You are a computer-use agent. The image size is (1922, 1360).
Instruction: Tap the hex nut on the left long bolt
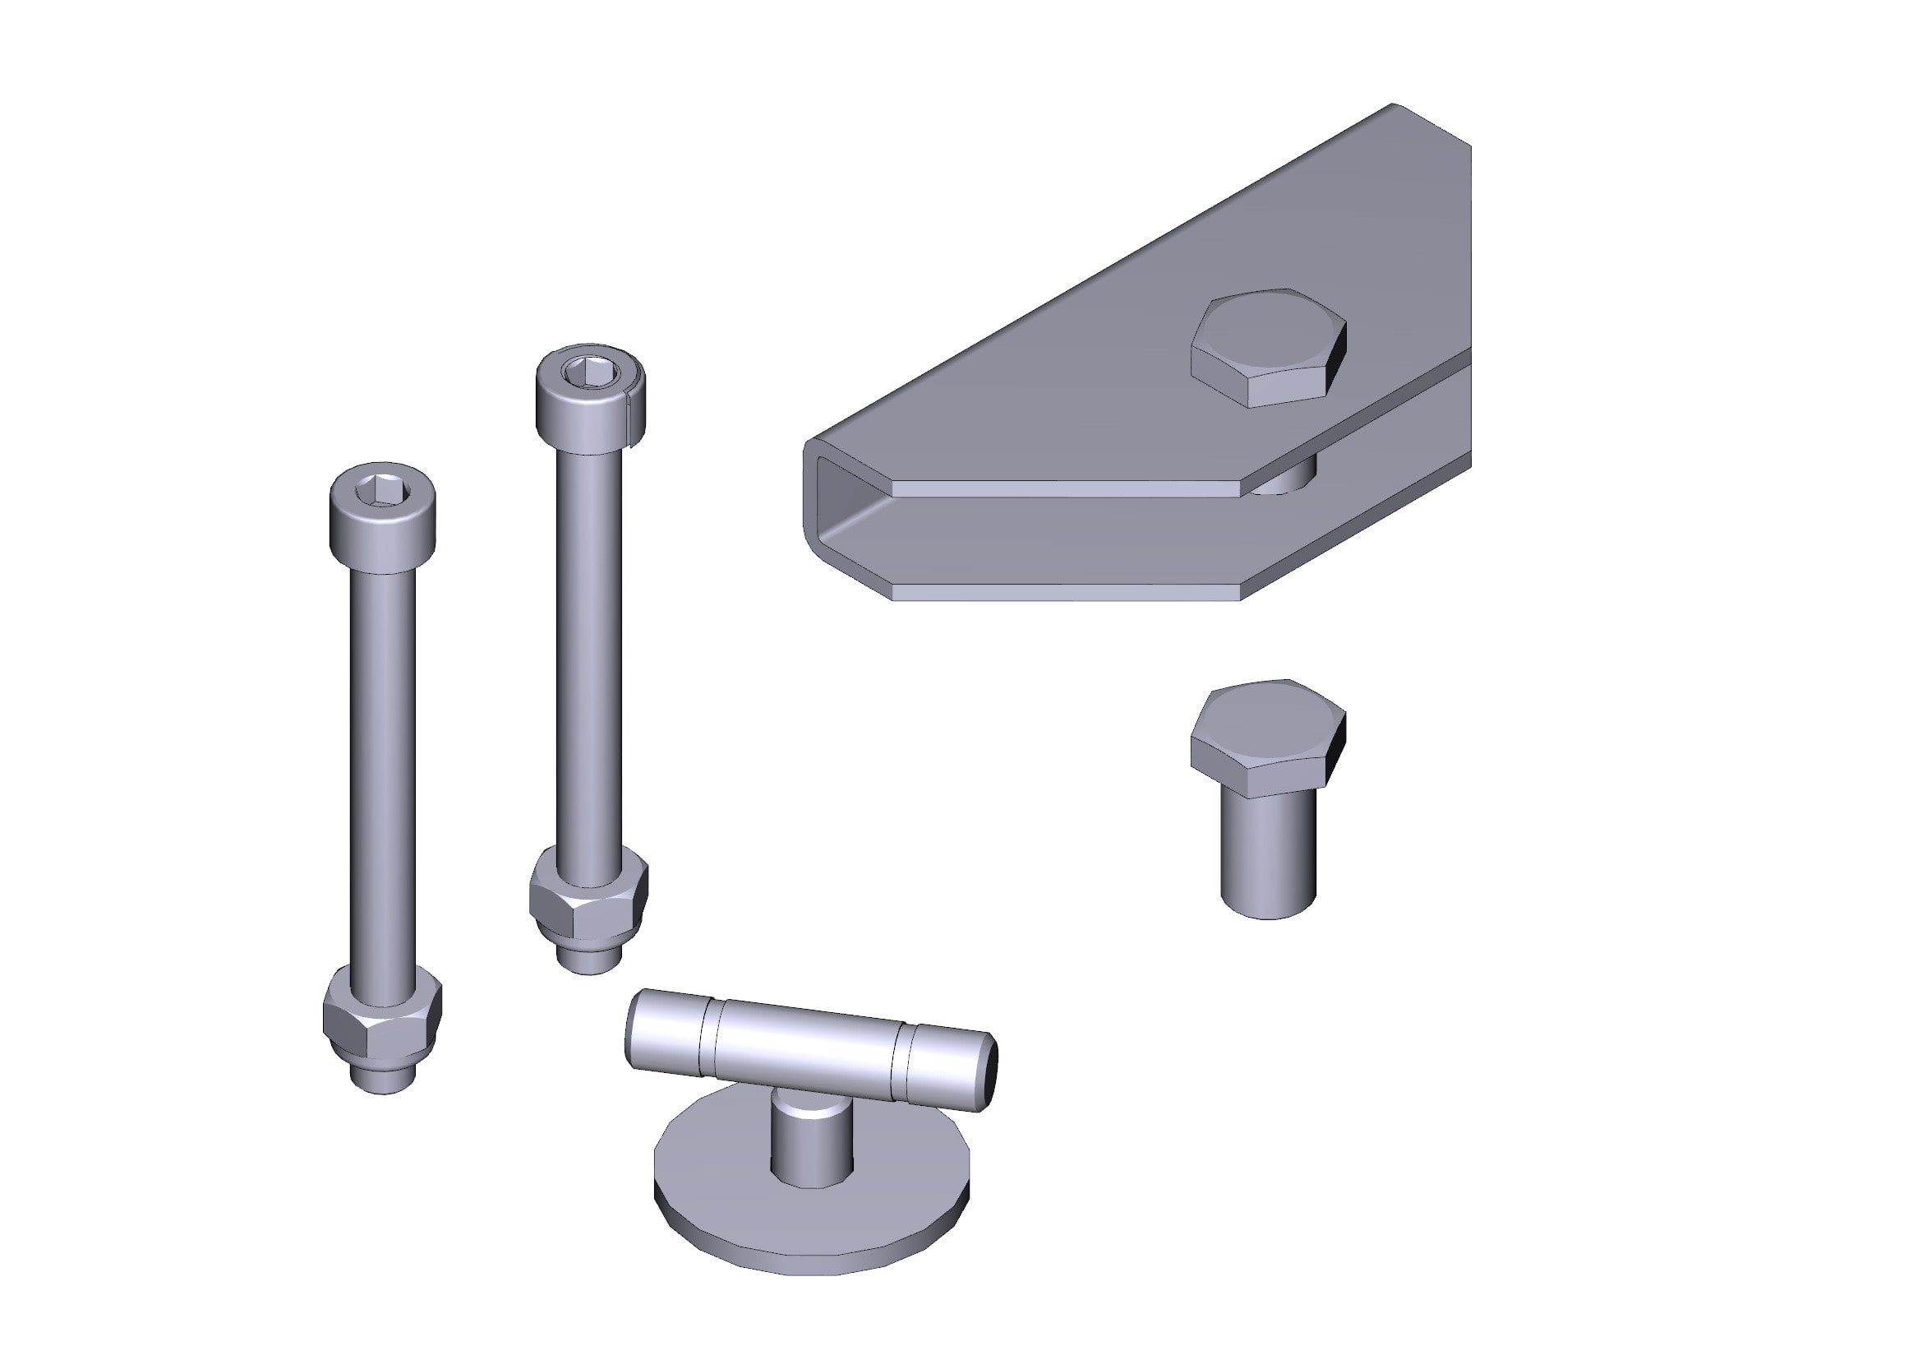[x=382, y=1018]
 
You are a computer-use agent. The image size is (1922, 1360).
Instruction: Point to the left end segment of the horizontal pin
[x=666, y=1030]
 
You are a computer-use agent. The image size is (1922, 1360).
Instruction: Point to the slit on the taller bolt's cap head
[x=629, y=414]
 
